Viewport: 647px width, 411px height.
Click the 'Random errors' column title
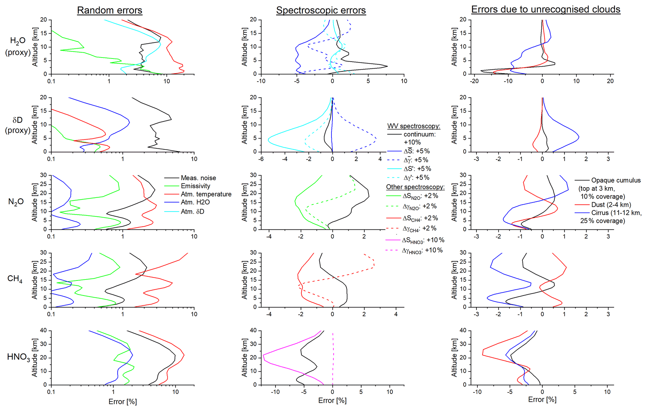point(110,10)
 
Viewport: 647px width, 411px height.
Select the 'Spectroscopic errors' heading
point(321,10)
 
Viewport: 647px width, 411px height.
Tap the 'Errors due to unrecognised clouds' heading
point(546,9)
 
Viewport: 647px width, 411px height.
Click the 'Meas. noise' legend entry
point(198,178)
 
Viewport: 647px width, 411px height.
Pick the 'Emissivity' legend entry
point(195,186)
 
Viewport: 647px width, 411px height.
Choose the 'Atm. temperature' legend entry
point(206,194)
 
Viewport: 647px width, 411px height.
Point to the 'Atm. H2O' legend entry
point(195,202)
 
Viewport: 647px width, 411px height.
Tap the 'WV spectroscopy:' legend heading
point(413,126)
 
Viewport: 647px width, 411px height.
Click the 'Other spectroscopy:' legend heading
point(415,187)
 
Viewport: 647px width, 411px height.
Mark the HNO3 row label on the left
point(18,357)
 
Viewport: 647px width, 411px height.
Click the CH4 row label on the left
point(15,279)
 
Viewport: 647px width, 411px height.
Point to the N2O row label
point(16,202)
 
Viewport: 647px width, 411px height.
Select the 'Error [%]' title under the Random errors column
point(123,402)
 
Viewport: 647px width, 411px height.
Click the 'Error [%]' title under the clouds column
point(542,399)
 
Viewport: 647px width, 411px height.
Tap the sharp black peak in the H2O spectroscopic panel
point(388,66)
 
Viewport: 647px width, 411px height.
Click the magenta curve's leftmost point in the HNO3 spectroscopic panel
point(263,355)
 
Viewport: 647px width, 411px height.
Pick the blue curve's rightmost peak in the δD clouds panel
point(579,137)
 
